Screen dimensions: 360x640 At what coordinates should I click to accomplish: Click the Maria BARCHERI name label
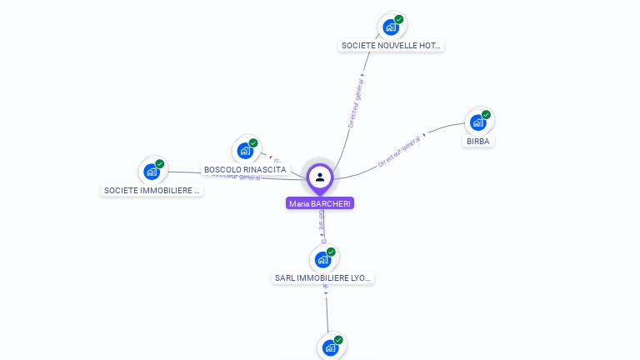pyautogui.click(x=320, y=203)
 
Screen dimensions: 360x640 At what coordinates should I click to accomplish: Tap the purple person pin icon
pyautogui.click(x=320, y=177)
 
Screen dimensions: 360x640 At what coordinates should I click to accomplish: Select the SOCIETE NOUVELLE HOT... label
pyautogui.click(x=391, y=46)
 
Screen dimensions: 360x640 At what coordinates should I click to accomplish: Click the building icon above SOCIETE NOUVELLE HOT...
pyautogui.click(x=390, y=27)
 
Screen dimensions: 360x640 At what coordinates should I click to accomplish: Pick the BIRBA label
pyautogui.click(x=478, y=141)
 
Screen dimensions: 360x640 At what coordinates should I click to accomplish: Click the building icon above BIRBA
pyautogui.click(x=477, y=122)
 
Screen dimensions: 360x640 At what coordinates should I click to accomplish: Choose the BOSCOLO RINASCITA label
pyautogui.click(x=245, y=170)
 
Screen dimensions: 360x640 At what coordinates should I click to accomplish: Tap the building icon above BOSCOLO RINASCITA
pyautogui.click(x=244, y=150)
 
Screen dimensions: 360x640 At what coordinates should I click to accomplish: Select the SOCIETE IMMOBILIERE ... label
pyautogui.click(x=152, y=190)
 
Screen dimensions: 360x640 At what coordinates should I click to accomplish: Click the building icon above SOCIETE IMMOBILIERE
pyautogui.click(x=151, y=171)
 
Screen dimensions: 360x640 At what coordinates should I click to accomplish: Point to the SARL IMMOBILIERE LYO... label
pyautogui.click(x=323, y=277)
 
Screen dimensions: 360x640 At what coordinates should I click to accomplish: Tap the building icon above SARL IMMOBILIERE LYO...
pyautogui.click(x=322, y=259)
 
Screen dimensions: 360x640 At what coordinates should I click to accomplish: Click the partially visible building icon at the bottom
pyautogui.click(x=330, y=347)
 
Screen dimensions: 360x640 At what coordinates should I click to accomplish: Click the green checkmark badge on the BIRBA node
pyautogui.click(x=486, y=115)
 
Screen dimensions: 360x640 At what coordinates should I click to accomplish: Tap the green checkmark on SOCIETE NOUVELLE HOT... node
pyautogui.click(x=398, y=19)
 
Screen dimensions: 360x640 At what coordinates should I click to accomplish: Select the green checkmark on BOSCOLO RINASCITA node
pyautogui.click(x=253, y=142)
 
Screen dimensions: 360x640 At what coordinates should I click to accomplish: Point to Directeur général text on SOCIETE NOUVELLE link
pyautogui.click(x=356, y=102)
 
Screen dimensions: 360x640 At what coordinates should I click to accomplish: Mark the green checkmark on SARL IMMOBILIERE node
pyautogui.click(x=331, y=252)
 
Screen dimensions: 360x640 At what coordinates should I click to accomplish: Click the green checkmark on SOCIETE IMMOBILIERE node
pyautogui.click(x=159, y=163)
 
